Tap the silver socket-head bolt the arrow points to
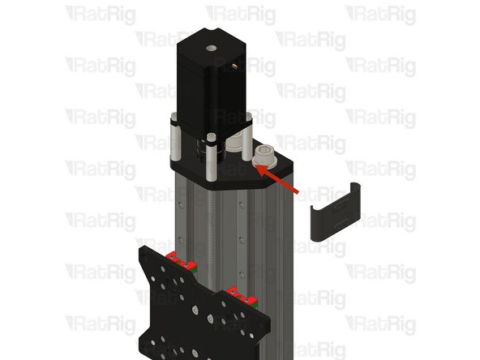click(265, 156)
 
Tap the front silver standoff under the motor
click(211, 159)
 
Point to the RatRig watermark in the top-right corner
click(381, 14)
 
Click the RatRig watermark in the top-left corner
click(101, 14)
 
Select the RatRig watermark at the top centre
click(241, 14)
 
